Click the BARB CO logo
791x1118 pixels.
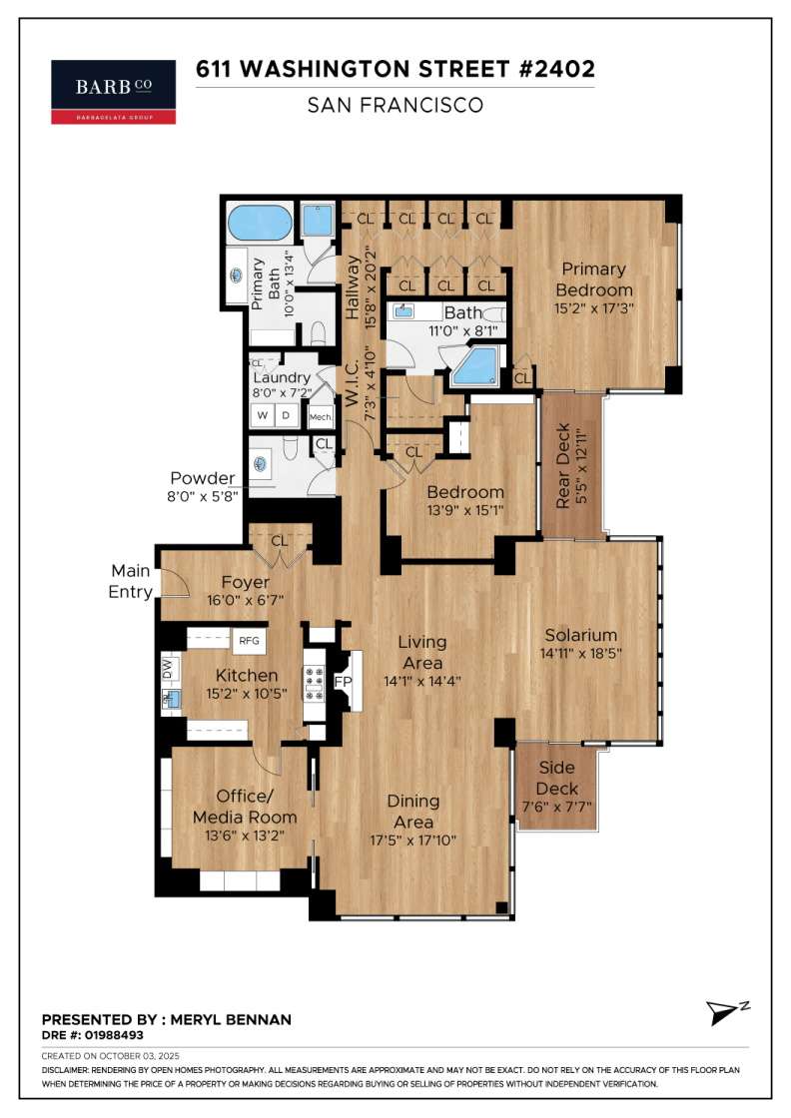(x=114, y=92)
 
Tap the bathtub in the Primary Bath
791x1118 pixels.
(x=260, y=224)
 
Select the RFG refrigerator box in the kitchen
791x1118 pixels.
(x=249, y=640)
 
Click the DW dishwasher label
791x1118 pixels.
(x=168, y=669)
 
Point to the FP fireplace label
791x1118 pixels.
(x=344, y=682)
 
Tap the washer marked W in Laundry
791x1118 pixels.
(x=263, y=415)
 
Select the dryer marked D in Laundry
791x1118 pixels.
(x=287, y=415)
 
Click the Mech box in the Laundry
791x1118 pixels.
(x=321, y=417)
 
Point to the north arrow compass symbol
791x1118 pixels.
(x=726, y=1012)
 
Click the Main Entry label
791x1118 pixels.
(x=131, y=581)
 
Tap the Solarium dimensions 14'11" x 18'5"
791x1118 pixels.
(x=581, y=653)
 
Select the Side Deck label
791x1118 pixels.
(x=557, y=778)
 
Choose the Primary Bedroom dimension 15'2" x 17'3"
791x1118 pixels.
(x=594, y=308)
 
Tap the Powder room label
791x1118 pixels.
(x=203, y=478)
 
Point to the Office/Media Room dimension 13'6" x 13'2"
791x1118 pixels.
(x=245, y=835)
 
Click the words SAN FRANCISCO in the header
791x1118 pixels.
(x=395, y=106)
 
